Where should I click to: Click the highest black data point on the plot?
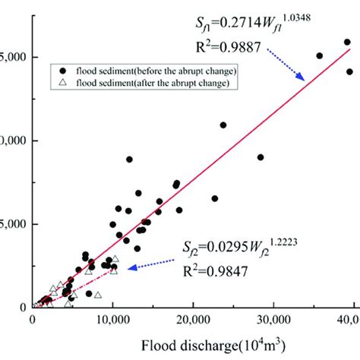coord(347,43)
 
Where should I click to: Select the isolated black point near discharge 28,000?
coord(261,157)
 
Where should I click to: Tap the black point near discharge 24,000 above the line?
coord(223,125)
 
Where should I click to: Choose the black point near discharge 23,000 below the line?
coord(215,198)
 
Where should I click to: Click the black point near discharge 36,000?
coord(320,55)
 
